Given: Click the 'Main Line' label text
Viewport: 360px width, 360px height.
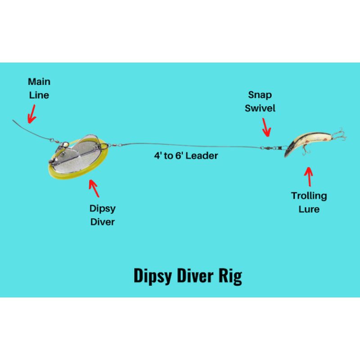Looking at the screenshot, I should [x=39, y=88].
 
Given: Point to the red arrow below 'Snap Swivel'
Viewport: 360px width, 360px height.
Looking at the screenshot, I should [x=267, y=129].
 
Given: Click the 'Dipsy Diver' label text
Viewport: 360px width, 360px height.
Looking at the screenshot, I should [x=102, y=215].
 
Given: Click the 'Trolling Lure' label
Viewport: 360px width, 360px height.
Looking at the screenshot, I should [x=309, y=202].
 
